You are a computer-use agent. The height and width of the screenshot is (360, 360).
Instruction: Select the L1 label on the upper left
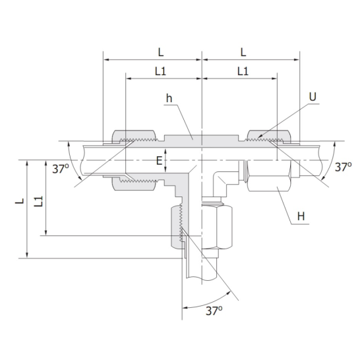point(160,71)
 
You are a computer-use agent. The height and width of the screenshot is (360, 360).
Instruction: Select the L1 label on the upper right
point(242,71)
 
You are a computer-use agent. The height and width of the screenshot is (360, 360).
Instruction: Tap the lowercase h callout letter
point(169,98)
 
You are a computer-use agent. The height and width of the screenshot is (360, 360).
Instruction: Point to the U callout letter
point(313,97)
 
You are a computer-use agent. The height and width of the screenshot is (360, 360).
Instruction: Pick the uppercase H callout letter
point(302,216)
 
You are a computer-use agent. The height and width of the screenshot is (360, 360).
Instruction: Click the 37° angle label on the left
point(60,169)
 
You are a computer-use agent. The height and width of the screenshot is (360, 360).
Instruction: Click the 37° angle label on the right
point(343,167)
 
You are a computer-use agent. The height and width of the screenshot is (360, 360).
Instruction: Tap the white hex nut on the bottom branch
point(216,227)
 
